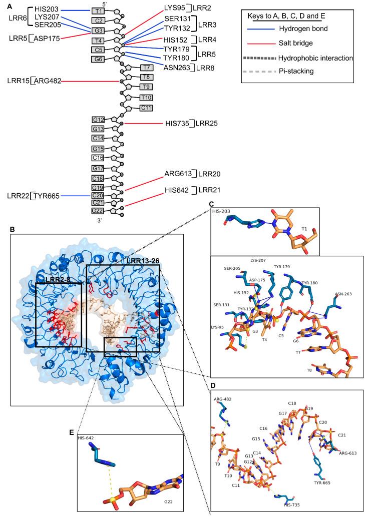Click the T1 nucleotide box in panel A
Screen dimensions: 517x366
(x=99, y=11)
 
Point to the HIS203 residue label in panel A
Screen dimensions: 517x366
(x=47, y=10)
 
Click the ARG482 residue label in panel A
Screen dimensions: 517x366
(x=48, y=81)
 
